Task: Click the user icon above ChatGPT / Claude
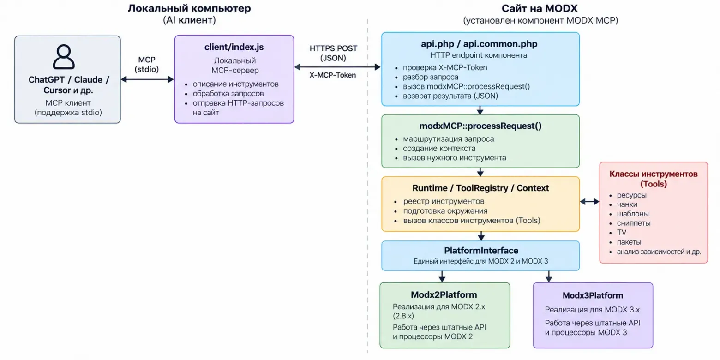click(64, 57)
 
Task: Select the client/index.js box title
click(234, 47)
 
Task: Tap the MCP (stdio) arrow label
click(147, 64)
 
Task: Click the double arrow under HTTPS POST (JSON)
click(337, 67)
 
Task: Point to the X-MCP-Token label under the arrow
click(333, 75)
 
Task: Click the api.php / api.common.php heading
click(479, 44)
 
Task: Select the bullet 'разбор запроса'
click(431, 77)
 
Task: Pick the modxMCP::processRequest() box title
click(480, 126)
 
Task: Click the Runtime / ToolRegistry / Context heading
click(480, 188)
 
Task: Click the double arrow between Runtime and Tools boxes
click(589, 202)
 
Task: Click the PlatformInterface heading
click(481, 251)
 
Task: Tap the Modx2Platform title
click(444, 295)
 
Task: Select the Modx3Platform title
click(593, 295)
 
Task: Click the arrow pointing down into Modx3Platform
click(549, 276)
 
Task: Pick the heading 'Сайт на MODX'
click(540, 8)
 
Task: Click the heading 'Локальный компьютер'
click(189, 8)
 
